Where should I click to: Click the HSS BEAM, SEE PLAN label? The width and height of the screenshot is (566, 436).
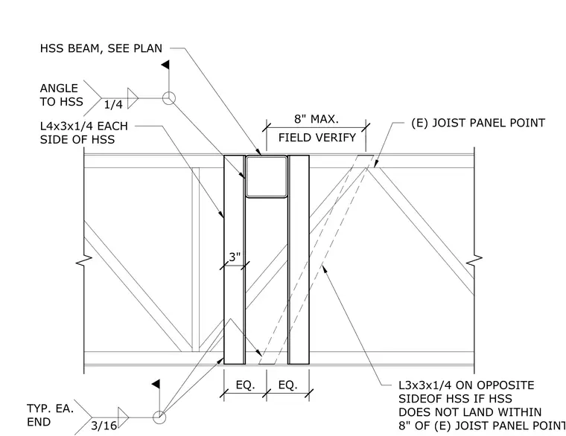pos(101,48)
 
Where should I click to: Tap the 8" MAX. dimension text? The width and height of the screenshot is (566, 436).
pos(317,119)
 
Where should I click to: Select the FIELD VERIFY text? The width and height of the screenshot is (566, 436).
pos(317,138)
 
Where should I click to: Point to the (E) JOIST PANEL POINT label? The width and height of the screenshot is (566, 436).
pos(478,123)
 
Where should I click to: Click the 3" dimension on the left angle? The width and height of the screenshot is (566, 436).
pos(235,257)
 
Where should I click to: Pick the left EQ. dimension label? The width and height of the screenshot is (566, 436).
pos(246,385)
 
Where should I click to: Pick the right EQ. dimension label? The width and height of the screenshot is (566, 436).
pos(288,385)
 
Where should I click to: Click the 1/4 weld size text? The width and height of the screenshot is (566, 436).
pos(113,105)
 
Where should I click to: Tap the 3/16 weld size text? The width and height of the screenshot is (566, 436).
pos(104,426)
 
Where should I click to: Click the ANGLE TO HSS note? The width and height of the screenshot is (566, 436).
pos(61,94)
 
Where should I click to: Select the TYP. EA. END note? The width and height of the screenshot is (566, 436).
pos(50,415)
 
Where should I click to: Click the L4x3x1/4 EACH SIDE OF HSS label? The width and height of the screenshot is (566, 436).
pos(83,132)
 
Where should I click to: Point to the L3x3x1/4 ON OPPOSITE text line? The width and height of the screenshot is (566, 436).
pos(466,385)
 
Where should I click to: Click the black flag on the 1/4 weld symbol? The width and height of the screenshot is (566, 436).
pos(165,65)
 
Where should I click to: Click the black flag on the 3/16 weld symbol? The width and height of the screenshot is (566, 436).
pos(156,384)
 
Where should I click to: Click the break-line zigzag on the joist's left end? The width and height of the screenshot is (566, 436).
pos(83,260)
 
